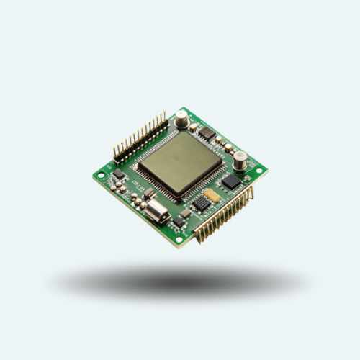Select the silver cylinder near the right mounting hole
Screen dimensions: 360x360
coord(240,159)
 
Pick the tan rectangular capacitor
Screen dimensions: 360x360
coord(212,194)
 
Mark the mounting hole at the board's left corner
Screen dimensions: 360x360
coord(102,175)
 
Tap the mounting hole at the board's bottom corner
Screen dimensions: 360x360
coord(179,238)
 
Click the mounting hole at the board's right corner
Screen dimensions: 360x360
coord(259,171)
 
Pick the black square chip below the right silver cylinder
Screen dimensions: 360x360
coord(231,182)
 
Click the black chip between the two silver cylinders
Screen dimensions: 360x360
coord(206,132)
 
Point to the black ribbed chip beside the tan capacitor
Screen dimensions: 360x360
coord(202,204)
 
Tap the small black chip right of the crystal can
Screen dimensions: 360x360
coord(185,214)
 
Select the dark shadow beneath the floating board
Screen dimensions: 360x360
coord(180,281)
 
